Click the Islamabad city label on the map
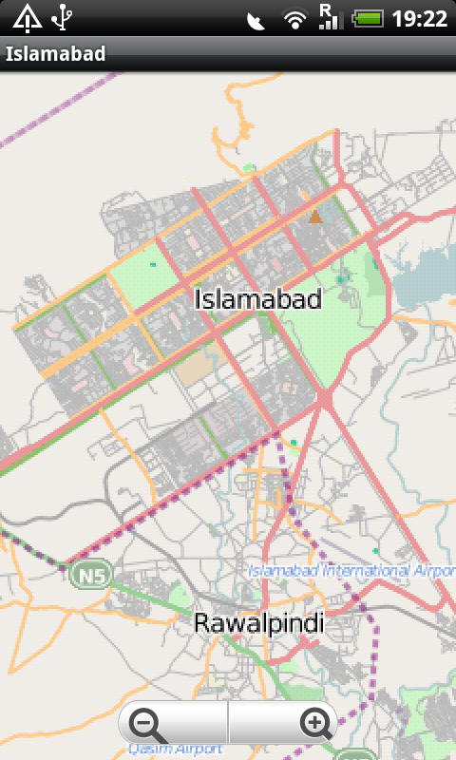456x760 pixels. click(258, 299)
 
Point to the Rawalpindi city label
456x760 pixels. click(258, 623)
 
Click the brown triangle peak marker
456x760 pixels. click(315, 217)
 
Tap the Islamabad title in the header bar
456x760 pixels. click(55, 54)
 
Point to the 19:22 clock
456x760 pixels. click(419, 18)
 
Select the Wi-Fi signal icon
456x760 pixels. click(295, 18)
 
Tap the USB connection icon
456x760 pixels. click(63, 17)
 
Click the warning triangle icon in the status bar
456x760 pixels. click(28, 17)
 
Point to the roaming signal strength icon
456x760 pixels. click(329, 17)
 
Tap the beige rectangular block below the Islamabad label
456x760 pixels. click(197, 370)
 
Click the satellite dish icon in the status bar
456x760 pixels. click(256, 19)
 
